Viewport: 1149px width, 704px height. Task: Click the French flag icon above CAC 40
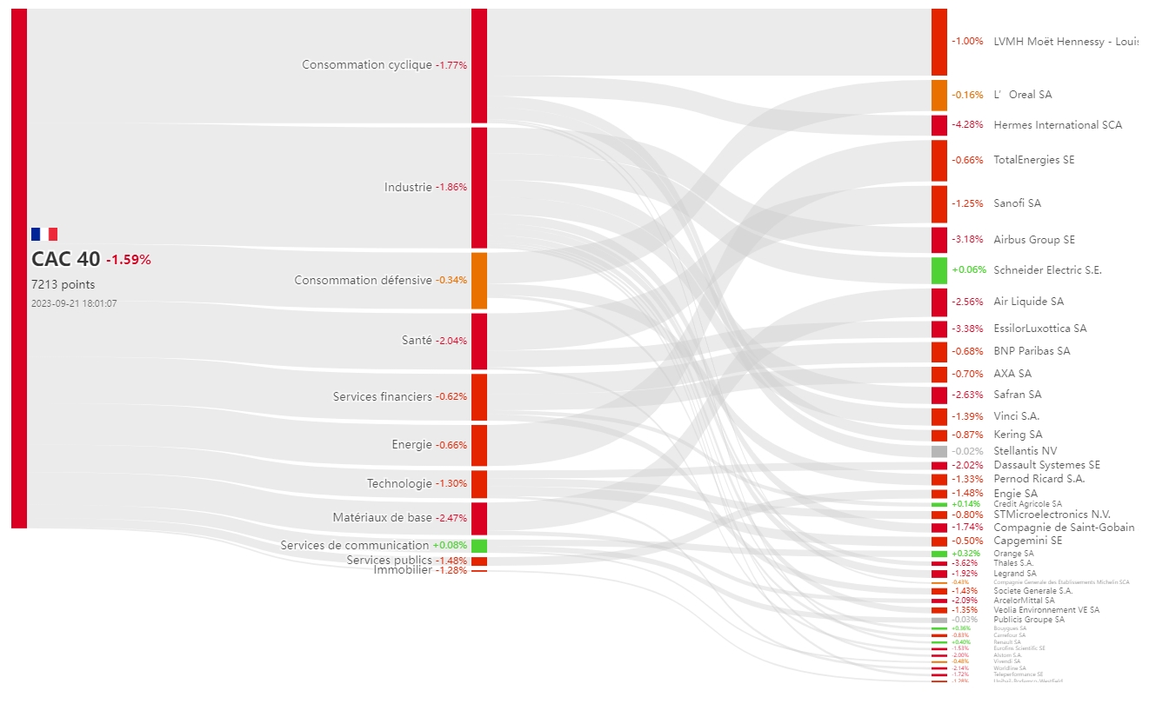(x=44, y=234)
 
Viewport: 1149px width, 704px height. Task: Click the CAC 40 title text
(x=66, y=259)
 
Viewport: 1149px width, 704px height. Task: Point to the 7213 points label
(x=63, y=284)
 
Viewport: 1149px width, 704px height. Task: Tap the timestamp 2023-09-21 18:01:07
(x=74, y=303)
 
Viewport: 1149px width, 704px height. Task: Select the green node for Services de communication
(x=479, y=546)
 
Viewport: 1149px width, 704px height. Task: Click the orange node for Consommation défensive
(x=479, y=281)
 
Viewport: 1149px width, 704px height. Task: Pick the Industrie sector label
(x=408, y=187)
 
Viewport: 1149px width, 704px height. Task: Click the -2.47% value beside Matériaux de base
(x=451, y=518)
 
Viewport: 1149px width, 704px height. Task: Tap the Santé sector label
(x=417, y=341)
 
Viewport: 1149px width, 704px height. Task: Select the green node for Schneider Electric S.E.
(x=939, y=270)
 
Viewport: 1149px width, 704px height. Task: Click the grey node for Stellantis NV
(x=939, y=452)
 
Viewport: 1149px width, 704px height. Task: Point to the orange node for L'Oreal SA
(x=939, y=95)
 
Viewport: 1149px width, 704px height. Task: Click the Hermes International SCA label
(x=1058, y=125)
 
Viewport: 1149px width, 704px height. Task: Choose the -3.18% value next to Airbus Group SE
(x=967, y=240)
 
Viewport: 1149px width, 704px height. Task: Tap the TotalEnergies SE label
(x=1034, y=160)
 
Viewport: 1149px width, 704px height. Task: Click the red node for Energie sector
(x=479, y=445)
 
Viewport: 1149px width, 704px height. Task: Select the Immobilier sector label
(x=403, y=570)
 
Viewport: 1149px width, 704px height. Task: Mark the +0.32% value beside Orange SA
(x=967, y=554)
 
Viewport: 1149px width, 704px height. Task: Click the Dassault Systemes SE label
(x=1046, y=465)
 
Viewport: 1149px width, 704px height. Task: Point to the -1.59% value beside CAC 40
(x=129, y=260)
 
